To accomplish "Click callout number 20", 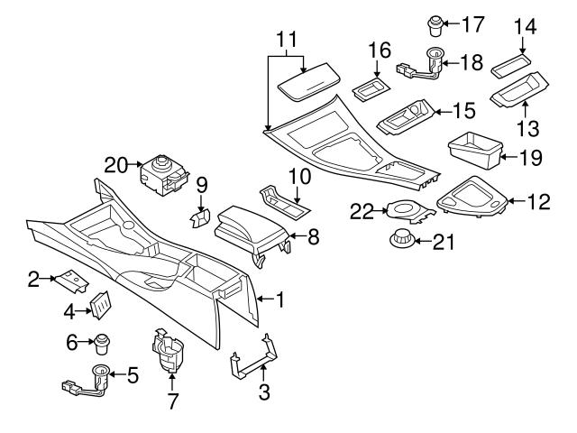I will (x=115, y=164).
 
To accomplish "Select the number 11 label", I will (x=286, y=39).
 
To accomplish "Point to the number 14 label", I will (x=525, y=28).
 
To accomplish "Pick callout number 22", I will (x=362, y=210).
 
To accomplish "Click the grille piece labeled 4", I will (x=97, y=306).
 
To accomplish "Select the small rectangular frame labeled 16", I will (x=368, y=88).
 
